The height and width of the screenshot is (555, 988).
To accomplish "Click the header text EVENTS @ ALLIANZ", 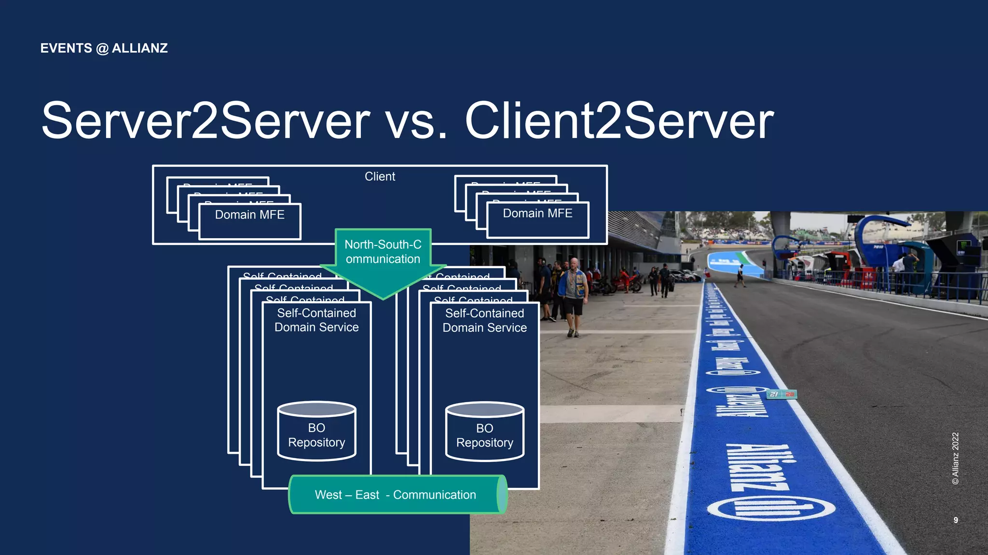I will pyautogui.click(x=104, y=48).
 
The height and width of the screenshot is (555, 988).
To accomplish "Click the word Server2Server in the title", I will pyautogui.click(x=205, y=121).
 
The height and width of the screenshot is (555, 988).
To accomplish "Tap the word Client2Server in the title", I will pyautogui.click(x=619, y=121).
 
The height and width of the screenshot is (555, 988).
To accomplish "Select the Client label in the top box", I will pyautogui.click(x=380, y=176).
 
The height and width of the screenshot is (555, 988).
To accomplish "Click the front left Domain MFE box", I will pyautogui.click(x=250, y=221).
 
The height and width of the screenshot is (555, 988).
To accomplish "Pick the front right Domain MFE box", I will pyautogui.click(x=537, y=219).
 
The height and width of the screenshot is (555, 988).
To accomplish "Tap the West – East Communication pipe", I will pyautogui.click(x=396, y=495).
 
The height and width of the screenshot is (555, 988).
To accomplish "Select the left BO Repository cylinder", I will pyautogui.click(x=316, y=432).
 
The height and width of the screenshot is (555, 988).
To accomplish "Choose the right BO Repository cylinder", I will pyautogui.click(x=484, y=432).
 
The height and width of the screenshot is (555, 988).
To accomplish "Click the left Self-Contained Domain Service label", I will pyautogui.click(x=316, y=320).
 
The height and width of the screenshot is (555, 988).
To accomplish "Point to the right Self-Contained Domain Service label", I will pyautogui.click(x=484, y=321).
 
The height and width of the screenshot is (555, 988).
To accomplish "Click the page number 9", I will pyautogui.click(x=956, y=520).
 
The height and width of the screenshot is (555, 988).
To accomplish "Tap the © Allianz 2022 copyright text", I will pyautogui.click(x=955, y=458).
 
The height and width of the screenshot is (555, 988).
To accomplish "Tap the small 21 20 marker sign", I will pyautogui.click(x=782, y=394).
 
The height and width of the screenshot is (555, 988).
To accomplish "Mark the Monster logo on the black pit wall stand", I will pyautogui.click(x=963, y=245).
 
